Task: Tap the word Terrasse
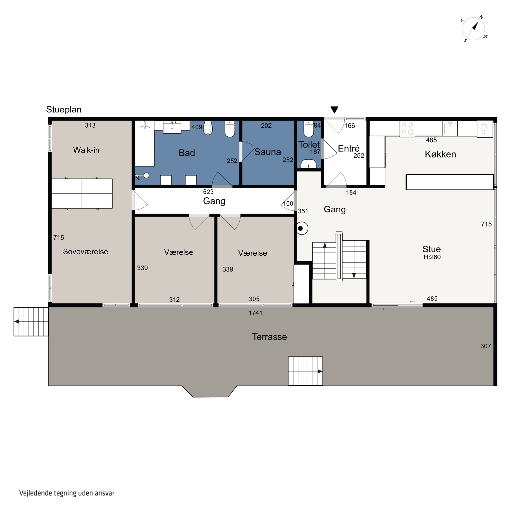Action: click(269, 337)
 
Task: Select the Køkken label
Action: click(440, 154)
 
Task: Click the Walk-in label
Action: click(86, 150)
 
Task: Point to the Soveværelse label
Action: click(86, 252)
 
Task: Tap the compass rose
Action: click(474, 29)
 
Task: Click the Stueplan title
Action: click(64, 109)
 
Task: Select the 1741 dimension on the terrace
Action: click(255, 313)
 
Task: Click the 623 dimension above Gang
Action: click(208, 192)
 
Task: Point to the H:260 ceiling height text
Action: click(432, 257)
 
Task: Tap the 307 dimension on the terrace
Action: click(486, 346)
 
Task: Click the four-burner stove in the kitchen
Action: click(407, 129)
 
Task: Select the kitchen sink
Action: click(450, 128)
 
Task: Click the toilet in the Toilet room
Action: click(308, 129)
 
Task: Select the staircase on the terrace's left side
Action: click(31, 321)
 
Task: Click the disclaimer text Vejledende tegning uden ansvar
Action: click(67, 493)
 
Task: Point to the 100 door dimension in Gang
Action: click(288, 203)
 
